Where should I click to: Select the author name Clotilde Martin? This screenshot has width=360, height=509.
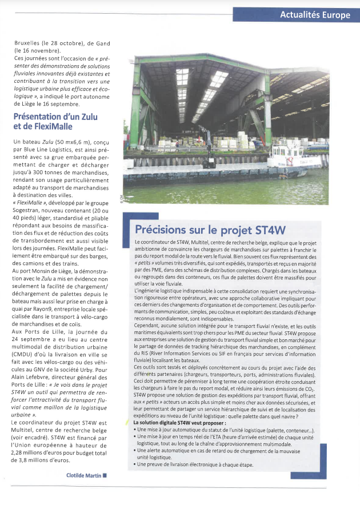(x=83, y=475)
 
